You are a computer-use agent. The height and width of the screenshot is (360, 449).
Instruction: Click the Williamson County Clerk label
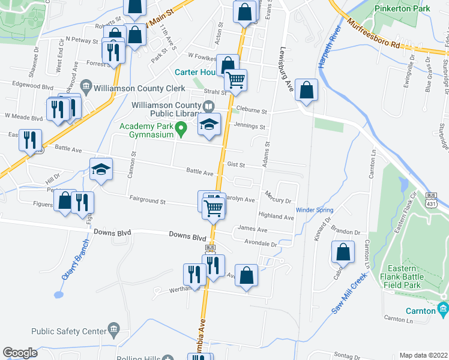tap(140, 87)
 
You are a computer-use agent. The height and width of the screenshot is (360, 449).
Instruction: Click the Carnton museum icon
tap(444, 310)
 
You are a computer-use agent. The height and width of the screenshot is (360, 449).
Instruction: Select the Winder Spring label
tap(314, 210)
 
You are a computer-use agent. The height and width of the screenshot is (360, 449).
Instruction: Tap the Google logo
tap(20, 353)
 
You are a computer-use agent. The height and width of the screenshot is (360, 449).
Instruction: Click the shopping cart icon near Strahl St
tap(236, 79)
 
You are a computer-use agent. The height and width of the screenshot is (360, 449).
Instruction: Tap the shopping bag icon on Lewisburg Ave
tap(306, 90)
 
